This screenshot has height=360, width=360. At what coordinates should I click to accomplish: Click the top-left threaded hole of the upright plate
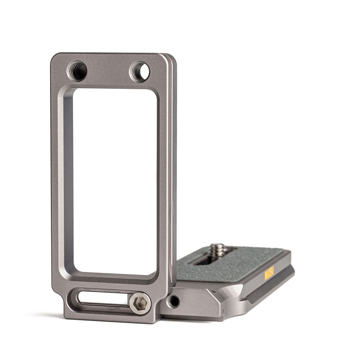[x=77, y=71]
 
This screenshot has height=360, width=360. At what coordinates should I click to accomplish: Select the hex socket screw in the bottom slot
[x=140, y=303]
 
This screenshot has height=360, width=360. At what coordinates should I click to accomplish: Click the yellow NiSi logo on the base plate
[x=269, y=273]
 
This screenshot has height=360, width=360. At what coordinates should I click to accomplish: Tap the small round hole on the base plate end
[x=174, y=301]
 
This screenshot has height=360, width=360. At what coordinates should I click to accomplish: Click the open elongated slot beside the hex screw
[x=103, y=298]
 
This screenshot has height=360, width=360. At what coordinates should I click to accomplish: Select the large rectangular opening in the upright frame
[x=114, y=180]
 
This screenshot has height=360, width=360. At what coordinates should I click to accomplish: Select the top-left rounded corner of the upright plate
[x=55, y=58]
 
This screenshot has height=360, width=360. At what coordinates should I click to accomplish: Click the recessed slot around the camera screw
[x=205, y=257]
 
